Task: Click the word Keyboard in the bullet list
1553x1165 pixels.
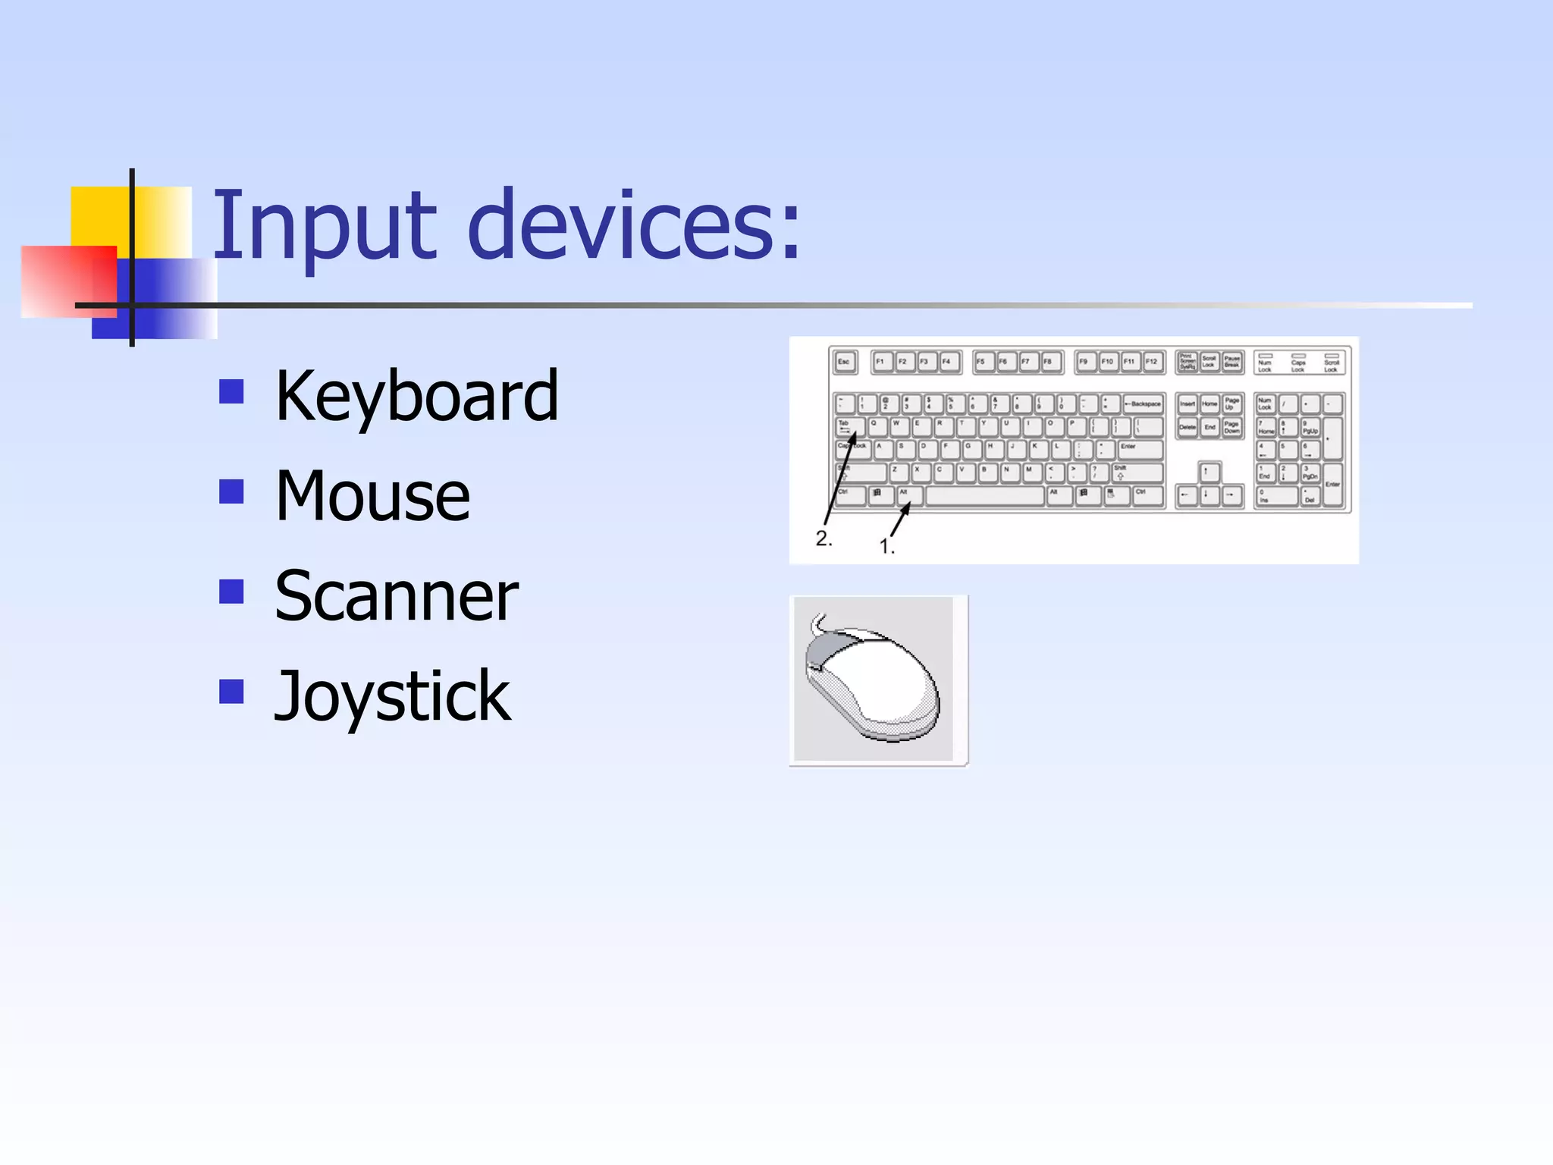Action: tap(416, 395)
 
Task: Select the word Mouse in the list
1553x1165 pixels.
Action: tap(372, 496)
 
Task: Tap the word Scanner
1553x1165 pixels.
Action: tap(397, 596)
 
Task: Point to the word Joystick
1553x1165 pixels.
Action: tap(392, 696)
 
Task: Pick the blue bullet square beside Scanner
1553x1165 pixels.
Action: tap(231, 592)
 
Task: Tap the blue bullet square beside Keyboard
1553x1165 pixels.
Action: tap(231, 391)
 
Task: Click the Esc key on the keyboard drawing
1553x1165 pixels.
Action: tap(844, 362)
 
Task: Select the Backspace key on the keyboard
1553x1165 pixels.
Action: tap(1143, 404)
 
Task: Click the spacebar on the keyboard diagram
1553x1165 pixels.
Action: tap(984, 496)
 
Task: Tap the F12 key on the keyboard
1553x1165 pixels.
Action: tap(1152, 362)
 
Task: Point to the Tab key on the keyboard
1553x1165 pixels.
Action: tap(849, 426)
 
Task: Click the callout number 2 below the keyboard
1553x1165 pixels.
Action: tap(824, 539)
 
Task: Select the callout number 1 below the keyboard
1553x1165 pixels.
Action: tap(886, 546)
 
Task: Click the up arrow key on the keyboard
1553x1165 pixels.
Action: tap(1209, 473)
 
